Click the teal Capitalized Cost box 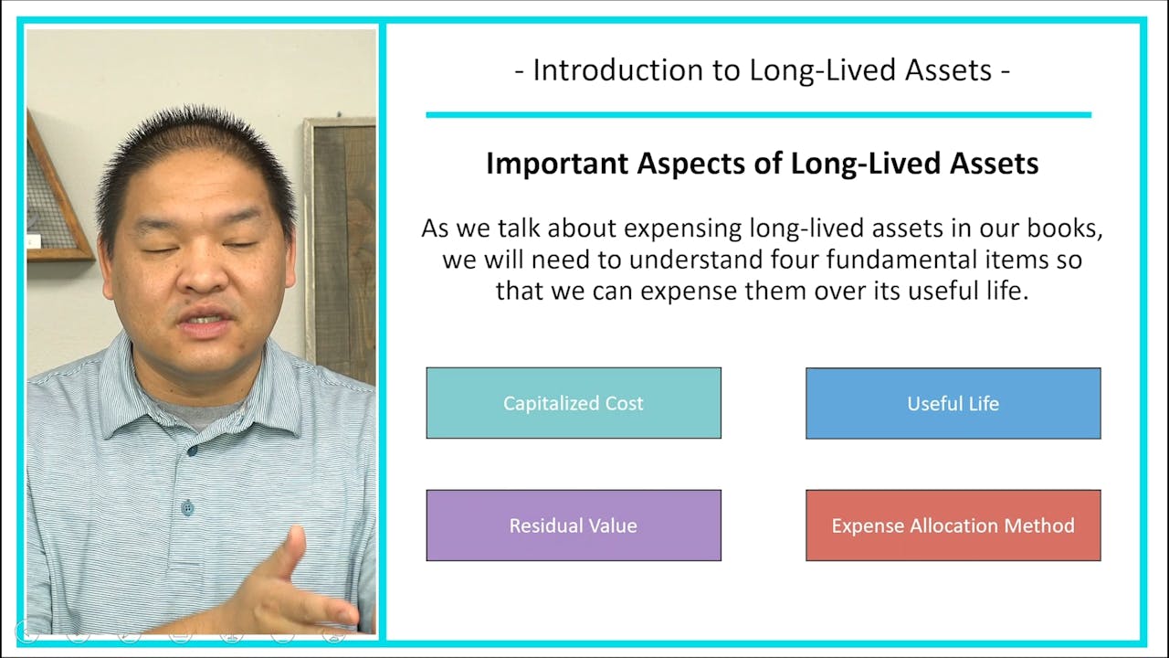click(574, 403)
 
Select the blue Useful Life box click(953, 403)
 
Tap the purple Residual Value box click(574, 525)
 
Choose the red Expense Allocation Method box click(953, 525)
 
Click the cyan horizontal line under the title click(758, 115)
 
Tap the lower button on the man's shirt click(187, 507)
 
